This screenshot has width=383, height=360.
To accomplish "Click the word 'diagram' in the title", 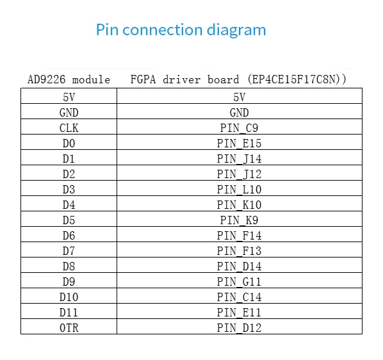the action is [236, 31].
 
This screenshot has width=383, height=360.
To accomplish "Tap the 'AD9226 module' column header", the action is [69, 79].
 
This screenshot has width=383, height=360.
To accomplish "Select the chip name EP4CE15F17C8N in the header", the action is [297, 79].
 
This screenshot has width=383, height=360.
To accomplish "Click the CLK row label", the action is [69, 128].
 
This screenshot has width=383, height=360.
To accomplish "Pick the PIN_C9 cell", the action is [239, 128].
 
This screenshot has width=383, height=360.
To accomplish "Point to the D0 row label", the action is [69, 143].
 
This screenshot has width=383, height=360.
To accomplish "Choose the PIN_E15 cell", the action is [239, 143].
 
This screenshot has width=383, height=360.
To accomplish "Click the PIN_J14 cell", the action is [239, 159].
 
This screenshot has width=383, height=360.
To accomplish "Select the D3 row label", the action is [69, 190].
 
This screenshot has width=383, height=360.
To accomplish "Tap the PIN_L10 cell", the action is [239, 190].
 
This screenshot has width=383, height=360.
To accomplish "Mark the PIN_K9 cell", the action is [239, 220].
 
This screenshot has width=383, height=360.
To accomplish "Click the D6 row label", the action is [69, 236].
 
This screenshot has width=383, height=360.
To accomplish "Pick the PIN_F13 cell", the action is [239, 251].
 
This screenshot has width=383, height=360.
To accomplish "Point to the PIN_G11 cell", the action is [239, 282].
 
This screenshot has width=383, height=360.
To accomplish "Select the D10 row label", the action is [69, 297].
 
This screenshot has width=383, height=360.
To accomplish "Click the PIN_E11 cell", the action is [239, 313].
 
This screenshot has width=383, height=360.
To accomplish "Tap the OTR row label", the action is [69, 328].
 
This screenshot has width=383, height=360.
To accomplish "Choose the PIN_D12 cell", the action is [239, 328].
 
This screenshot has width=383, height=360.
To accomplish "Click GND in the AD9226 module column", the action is [69, 113].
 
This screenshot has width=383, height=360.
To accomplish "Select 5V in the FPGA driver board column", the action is [239, 97].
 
